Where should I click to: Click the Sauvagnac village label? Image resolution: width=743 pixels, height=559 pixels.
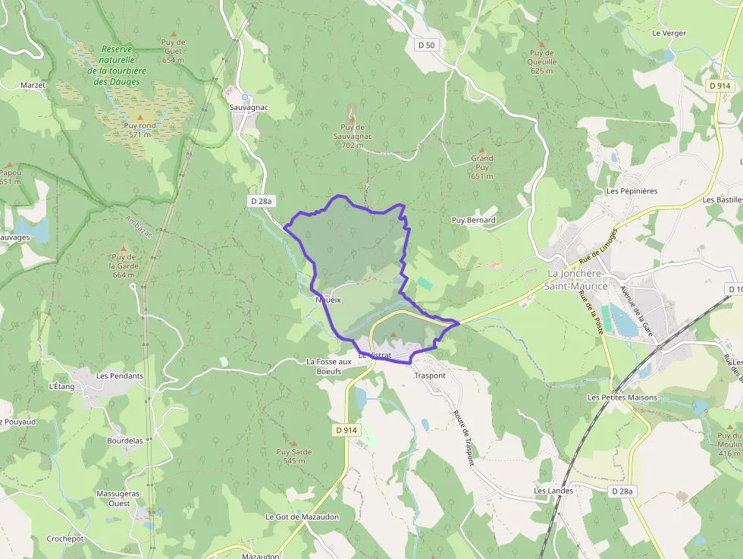(249, 107)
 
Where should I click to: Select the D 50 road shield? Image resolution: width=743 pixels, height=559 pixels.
(427, 45)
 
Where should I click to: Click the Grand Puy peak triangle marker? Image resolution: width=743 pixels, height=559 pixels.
(481, 150)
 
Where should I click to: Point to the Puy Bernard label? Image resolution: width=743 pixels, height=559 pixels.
(473, 220)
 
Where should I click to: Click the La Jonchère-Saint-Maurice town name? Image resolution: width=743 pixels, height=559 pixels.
(577, 279)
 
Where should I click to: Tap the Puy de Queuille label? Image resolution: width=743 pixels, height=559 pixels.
(543, 62)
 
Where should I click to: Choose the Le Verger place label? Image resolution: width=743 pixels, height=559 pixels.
(668, 33)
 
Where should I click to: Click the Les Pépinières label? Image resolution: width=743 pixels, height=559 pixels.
(632, 190)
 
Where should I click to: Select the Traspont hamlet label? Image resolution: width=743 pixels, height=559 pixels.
(430, 375)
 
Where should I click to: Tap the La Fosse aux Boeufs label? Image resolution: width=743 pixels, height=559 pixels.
(330, 366)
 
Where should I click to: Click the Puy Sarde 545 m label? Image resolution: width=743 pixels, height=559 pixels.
(294, 456)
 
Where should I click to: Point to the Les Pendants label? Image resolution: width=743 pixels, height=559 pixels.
(120, 375)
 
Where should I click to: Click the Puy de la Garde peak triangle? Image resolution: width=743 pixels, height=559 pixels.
(123, 248)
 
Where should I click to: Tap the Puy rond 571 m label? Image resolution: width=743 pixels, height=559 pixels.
(140, 130)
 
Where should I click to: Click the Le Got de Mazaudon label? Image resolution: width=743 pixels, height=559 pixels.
(302, 517)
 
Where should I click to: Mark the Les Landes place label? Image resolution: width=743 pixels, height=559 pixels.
(553, 491)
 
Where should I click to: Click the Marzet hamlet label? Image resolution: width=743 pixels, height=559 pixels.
(33, 85)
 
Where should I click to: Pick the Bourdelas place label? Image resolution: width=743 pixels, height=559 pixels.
(125, 440)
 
